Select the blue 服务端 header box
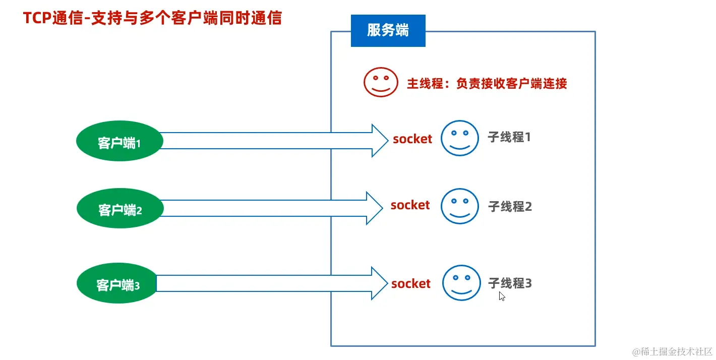click(x=388, y=31)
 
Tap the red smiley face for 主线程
click(x=381, y=82)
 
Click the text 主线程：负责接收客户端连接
click(x=487, y=83)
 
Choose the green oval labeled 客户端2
click(x=120, y=209)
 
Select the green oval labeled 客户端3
click(x=117, y=285)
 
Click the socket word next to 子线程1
click(x=412, y=139)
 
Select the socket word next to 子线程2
click(x=410, y=205)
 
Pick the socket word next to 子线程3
click(x=411, y=284)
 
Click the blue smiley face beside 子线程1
click(x=459, y=138)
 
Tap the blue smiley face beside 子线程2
click(x=459, y=206)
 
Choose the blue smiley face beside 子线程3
click(x=461, y=283)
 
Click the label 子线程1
click(x=509, y=137)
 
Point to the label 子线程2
click(x=510, y=206)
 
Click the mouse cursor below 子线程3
click(x=502, y=296)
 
